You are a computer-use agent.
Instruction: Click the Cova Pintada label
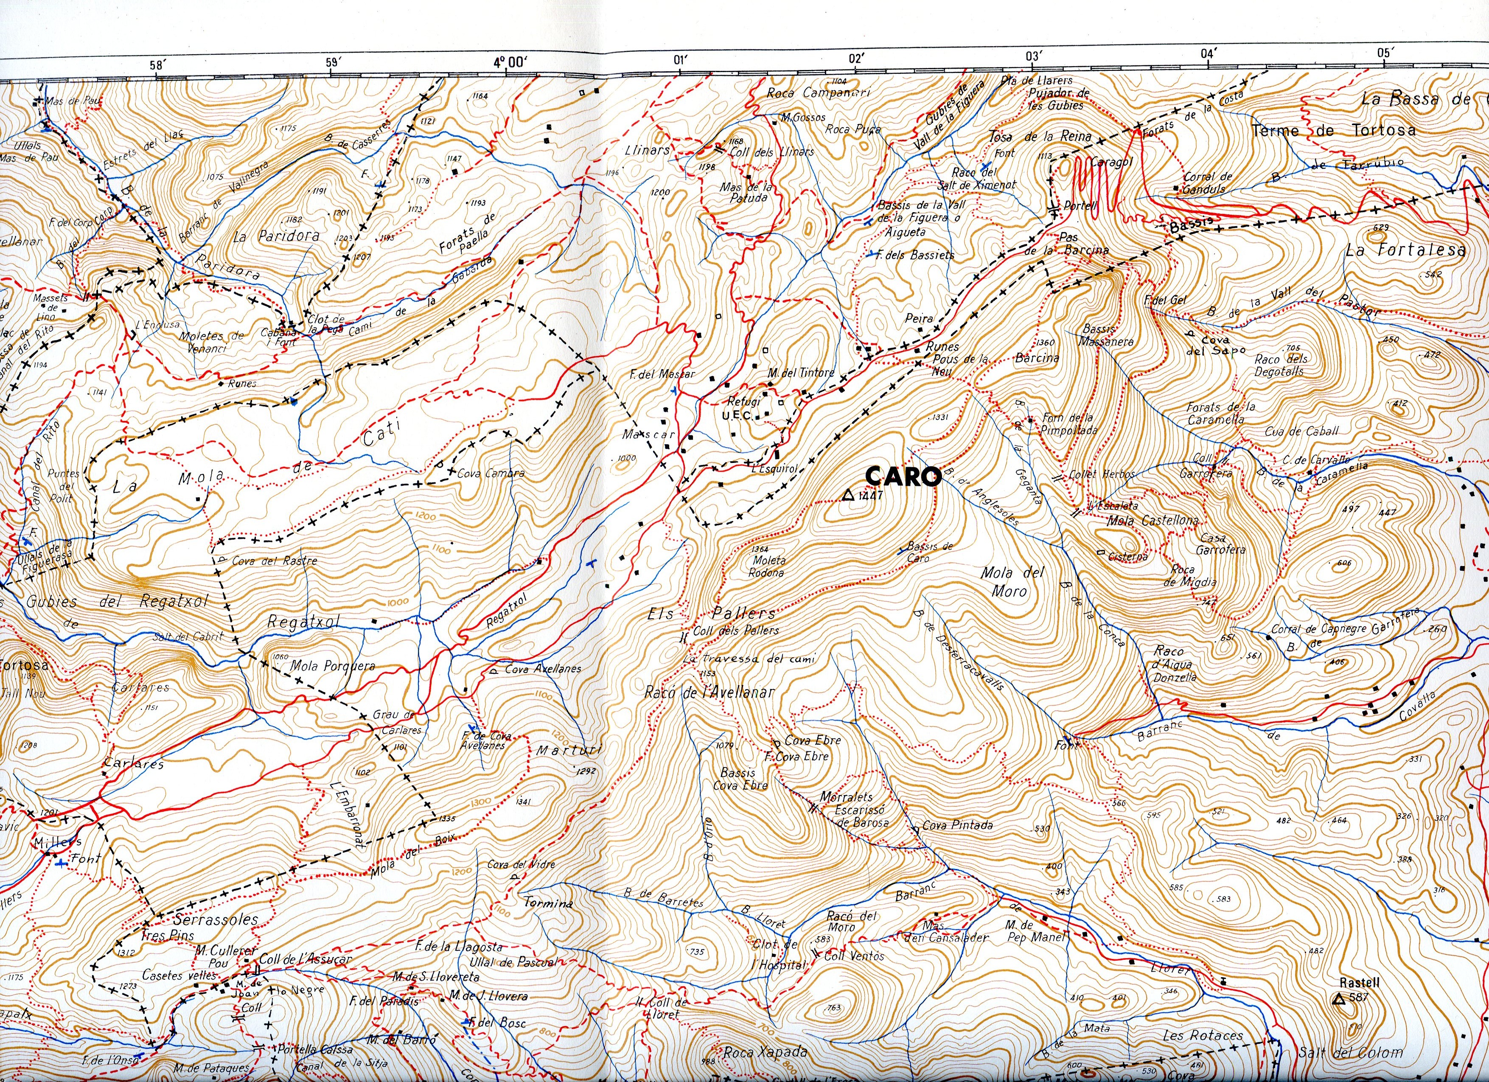957,825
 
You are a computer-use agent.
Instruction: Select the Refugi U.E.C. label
743,408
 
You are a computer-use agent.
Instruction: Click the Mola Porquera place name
333,666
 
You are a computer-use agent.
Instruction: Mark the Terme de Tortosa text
1333,130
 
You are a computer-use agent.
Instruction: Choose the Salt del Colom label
1351,1052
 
